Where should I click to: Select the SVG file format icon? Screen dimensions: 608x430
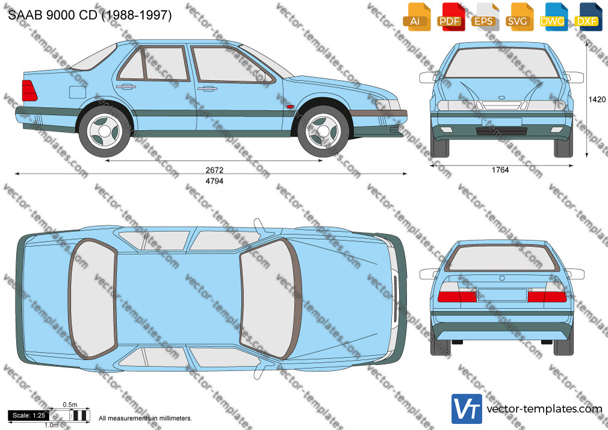pos(520,17)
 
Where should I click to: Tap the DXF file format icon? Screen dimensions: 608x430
pos(588,17)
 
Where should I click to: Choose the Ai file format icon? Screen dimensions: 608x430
pos(417,17)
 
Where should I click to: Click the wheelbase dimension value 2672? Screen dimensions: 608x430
pos(214,170)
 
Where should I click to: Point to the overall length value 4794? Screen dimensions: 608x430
pos(214,181)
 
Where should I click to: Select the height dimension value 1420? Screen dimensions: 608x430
pos(597,99)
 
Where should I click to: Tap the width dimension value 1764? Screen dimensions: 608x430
pos(500,170)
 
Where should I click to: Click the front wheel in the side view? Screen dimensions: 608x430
pos(323,131)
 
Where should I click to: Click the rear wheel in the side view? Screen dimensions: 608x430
pos(105,131)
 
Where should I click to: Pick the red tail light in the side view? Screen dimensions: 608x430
pos(29,90)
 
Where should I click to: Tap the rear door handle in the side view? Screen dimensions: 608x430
pos(126,87)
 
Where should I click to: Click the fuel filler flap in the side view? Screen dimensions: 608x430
pos(78,92)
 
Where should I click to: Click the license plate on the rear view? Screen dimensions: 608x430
pos(502,295)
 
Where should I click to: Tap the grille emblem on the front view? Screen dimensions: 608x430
pos(501,97)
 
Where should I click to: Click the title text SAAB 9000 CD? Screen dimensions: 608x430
pos(52,15)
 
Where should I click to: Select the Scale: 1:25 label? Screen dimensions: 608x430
pos(29,416)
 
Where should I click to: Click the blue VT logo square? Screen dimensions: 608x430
pos(467,409)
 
